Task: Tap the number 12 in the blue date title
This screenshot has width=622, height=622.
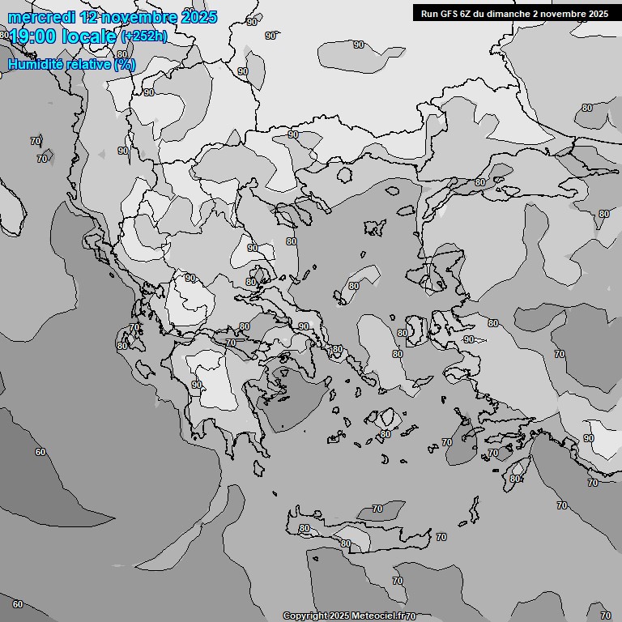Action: (x=90, y=17)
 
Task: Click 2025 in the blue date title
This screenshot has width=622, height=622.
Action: (x=199, y=17)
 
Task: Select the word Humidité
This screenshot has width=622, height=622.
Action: (x=33, y=64)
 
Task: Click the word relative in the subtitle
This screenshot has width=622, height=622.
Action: (x=86, y=64)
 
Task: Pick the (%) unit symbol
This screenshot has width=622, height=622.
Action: (x=125, y=64)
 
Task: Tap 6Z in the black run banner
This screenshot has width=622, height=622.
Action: (x=471, y=14)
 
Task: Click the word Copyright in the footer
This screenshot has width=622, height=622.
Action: (x=305, y=616)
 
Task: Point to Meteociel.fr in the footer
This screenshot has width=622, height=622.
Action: (x=377, y=616)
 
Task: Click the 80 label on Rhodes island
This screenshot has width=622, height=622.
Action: (x=515, y=479)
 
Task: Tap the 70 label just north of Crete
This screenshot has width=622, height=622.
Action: (x=377, y=509)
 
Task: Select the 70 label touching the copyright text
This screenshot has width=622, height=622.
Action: (x=411, y=616)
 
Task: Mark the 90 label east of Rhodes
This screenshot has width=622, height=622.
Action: (x=589, y=438)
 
